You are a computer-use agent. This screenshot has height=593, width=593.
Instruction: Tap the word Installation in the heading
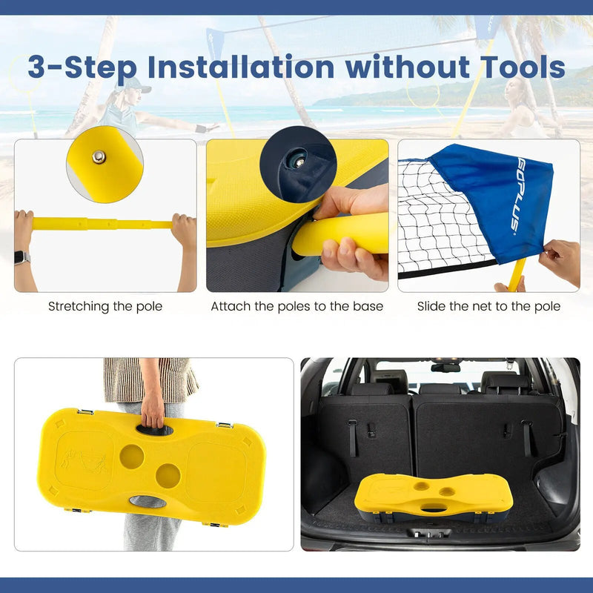tap(241, 67)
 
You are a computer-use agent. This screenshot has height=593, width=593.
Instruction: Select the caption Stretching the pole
tap(105, 306)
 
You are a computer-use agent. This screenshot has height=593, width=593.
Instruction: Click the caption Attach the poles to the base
tap(297, 306)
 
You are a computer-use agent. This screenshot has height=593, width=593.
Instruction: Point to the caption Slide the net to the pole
tap(488, 306)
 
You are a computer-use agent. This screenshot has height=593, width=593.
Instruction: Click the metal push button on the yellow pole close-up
tap(99, 157)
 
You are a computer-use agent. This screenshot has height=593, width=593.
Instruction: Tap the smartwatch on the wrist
tap(22, 257)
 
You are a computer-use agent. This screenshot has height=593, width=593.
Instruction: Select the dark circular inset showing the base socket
tap(298, 165)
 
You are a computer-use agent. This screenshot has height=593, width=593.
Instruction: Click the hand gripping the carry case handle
tap(153, 411)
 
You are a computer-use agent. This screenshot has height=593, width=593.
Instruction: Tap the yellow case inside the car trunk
tap(434, 497)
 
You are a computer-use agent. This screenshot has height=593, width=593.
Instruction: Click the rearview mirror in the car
tap(445, 368)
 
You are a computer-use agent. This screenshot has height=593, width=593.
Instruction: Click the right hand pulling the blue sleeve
tap(560, 261)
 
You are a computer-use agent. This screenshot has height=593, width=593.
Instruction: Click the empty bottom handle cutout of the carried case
tap(148, 502)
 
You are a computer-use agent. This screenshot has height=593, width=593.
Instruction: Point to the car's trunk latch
tap(429, 533)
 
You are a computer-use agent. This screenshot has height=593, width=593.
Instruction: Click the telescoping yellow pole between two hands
tap(102, 225)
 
